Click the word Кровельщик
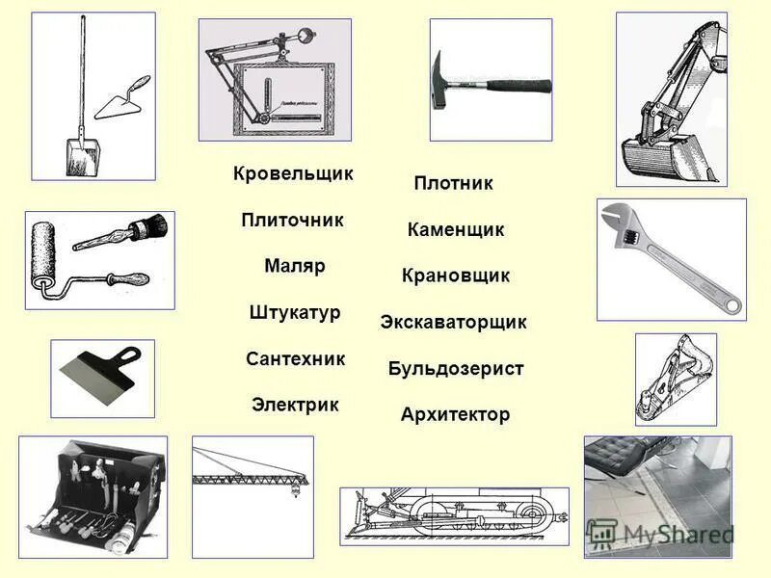coord(293,174)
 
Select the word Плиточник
coord(292,220)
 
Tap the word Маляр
coord(294,266)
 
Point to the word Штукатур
coord(294,312)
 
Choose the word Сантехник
coord(295,358)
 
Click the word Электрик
coord(295,405)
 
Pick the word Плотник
coord(453,183)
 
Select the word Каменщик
coord(455,229)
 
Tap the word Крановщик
coord(455,276)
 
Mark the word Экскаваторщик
coord(453,322)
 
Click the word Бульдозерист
coord(455,368)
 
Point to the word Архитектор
coord(455,414)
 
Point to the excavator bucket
coord(655,154)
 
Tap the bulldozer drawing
coord(453,515)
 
